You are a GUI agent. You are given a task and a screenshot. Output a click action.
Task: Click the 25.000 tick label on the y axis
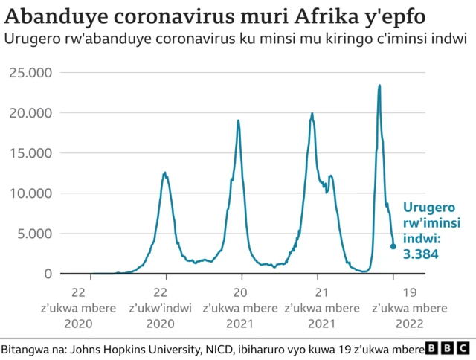pyautogui.click(x=30, y=73)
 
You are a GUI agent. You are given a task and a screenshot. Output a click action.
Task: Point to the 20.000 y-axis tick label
pyautogui.click(x=30, y=113)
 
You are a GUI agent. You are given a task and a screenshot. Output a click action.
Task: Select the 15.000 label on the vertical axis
pyautogui.click(x=30, y=153)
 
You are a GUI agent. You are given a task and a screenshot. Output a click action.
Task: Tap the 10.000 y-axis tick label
pyautogui.click(x=30, y=193)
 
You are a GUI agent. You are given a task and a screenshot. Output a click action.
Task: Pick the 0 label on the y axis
pyautogui.click(x=48, y=274)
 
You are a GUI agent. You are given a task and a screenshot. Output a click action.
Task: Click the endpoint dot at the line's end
pyautogui.click(x=393, y=246)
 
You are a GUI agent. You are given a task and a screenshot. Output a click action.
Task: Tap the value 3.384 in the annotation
pyautogui.click(x=420, y=254)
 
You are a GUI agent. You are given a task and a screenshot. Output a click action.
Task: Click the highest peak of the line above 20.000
pyautogui.click(x=379, y=85)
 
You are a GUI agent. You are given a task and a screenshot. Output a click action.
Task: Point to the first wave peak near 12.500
pyautogui.click(x=165, y=173)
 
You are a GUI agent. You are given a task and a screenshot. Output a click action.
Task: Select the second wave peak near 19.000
pyautogui.click(x=238, y=120)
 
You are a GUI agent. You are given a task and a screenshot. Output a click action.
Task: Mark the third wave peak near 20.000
pyautogui.click(x=312, y=114)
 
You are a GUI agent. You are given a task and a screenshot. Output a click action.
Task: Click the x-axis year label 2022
pyautogui.click(x=409, y=323)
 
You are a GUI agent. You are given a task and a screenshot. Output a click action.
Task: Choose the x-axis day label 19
pyautogui.click(x=409, y=292)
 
